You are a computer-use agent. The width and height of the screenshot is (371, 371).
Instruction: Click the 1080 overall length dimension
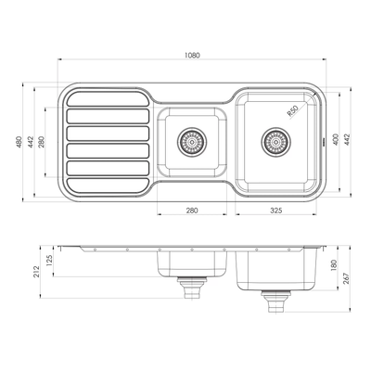point(192,56)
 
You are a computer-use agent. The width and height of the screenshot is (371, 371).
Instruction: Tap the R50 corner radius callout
point(293,111)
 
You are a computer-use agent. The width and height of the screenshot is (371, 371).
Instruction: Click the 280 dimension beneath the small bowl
point(192,211)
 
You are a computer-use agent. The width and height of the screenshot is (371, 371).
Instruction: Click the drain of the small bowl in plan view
point(192,142)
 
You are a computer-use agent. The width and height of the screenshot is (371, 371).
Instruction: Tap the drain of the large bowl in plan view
point(275,142)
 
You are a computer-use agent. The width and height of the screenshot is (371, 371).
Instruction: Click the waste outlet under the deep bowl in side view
point(275,300)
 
